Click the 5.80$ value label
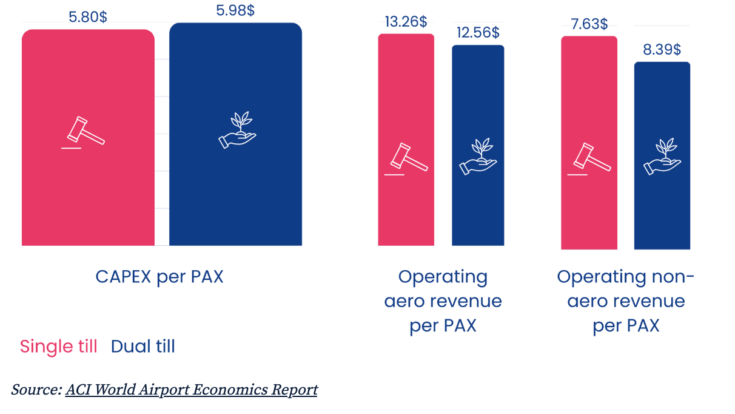coord(87,17)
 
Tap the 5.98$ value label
coord(235,10)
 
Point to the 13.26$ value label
coord(406,22)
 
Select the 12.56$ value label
coord(478,33)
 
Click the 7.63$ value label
coord(589,24)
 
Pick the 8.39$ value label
coord(662,50)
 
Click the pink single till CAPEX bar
coord(88,137)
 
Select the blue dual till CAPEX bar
coord(235,134)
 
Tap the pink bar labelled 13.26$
coord(406,140)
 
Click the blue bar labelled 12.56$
coord(478,145)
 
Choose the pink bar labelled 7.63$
coord(589,143)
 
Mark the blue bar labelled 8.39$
coord(662,155)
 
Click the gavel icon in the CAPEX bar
coord(83,132)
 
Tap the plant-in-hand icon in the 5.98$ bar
coord(237,130)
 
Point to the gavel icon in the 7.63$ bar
coord(589,159)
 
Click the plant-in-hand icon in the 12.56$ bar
coord(478,157)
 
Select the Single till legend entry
coord(58,346)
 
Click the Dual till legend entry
coord(143,346)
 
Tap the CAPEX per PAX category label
coord(159,277)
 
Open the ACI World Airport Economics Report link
coord(191,390)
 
